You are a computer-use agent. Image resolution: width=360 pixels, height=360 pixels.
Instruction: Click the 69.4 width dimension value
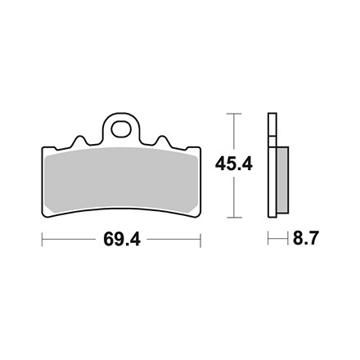tap(122, 240)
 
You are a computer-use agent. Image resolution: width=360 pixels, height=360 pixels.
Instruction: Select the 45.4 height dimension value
tap(234, 164)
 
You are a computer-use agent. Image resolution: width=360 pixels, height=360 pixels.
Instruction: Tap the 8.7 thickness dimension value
tap(305, 238)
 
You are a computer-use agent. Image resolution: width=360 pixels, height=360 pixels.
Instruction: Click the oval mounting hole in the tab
tap(121, 129)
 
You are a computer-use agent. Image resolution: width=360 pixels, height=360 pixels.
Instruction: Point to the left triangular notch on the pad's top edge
tap(79, 140)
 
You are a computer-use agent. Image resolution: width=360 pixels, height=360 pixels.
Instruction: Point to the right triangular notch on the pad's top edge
tap(161, 140)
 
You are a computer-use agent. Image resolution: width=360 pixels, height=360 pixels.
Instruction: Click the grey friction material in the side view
tap(282, 180)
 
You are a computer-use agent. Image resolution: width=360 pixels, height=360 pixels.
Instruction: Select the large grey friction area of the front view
tap(121, 180)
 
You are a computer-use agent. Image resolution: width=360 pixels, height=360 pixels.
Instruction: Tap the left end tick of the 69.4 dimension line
tap(43, 240)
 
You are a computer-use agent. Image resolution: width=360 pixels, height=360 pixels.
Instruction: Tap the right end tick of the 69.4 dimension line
tap(200, 240)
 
